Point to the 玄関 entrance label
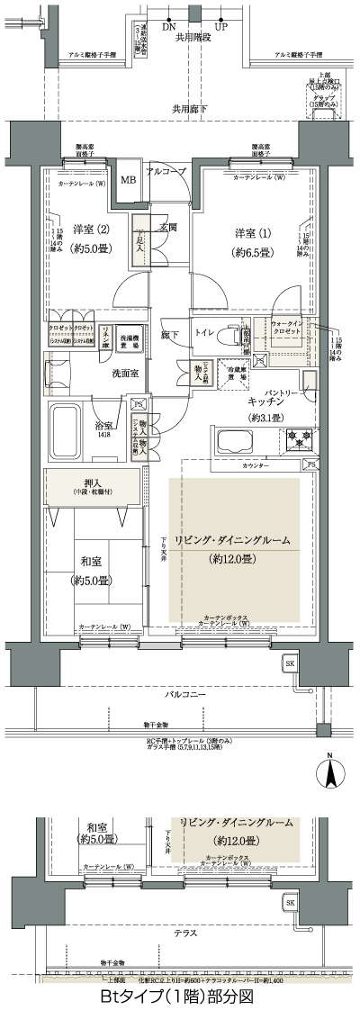coord(167,227)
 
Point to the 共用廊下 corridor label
coord(190,109)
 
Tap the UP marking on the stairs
coord(220,27)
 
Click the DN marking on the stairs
coord(168,27)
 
